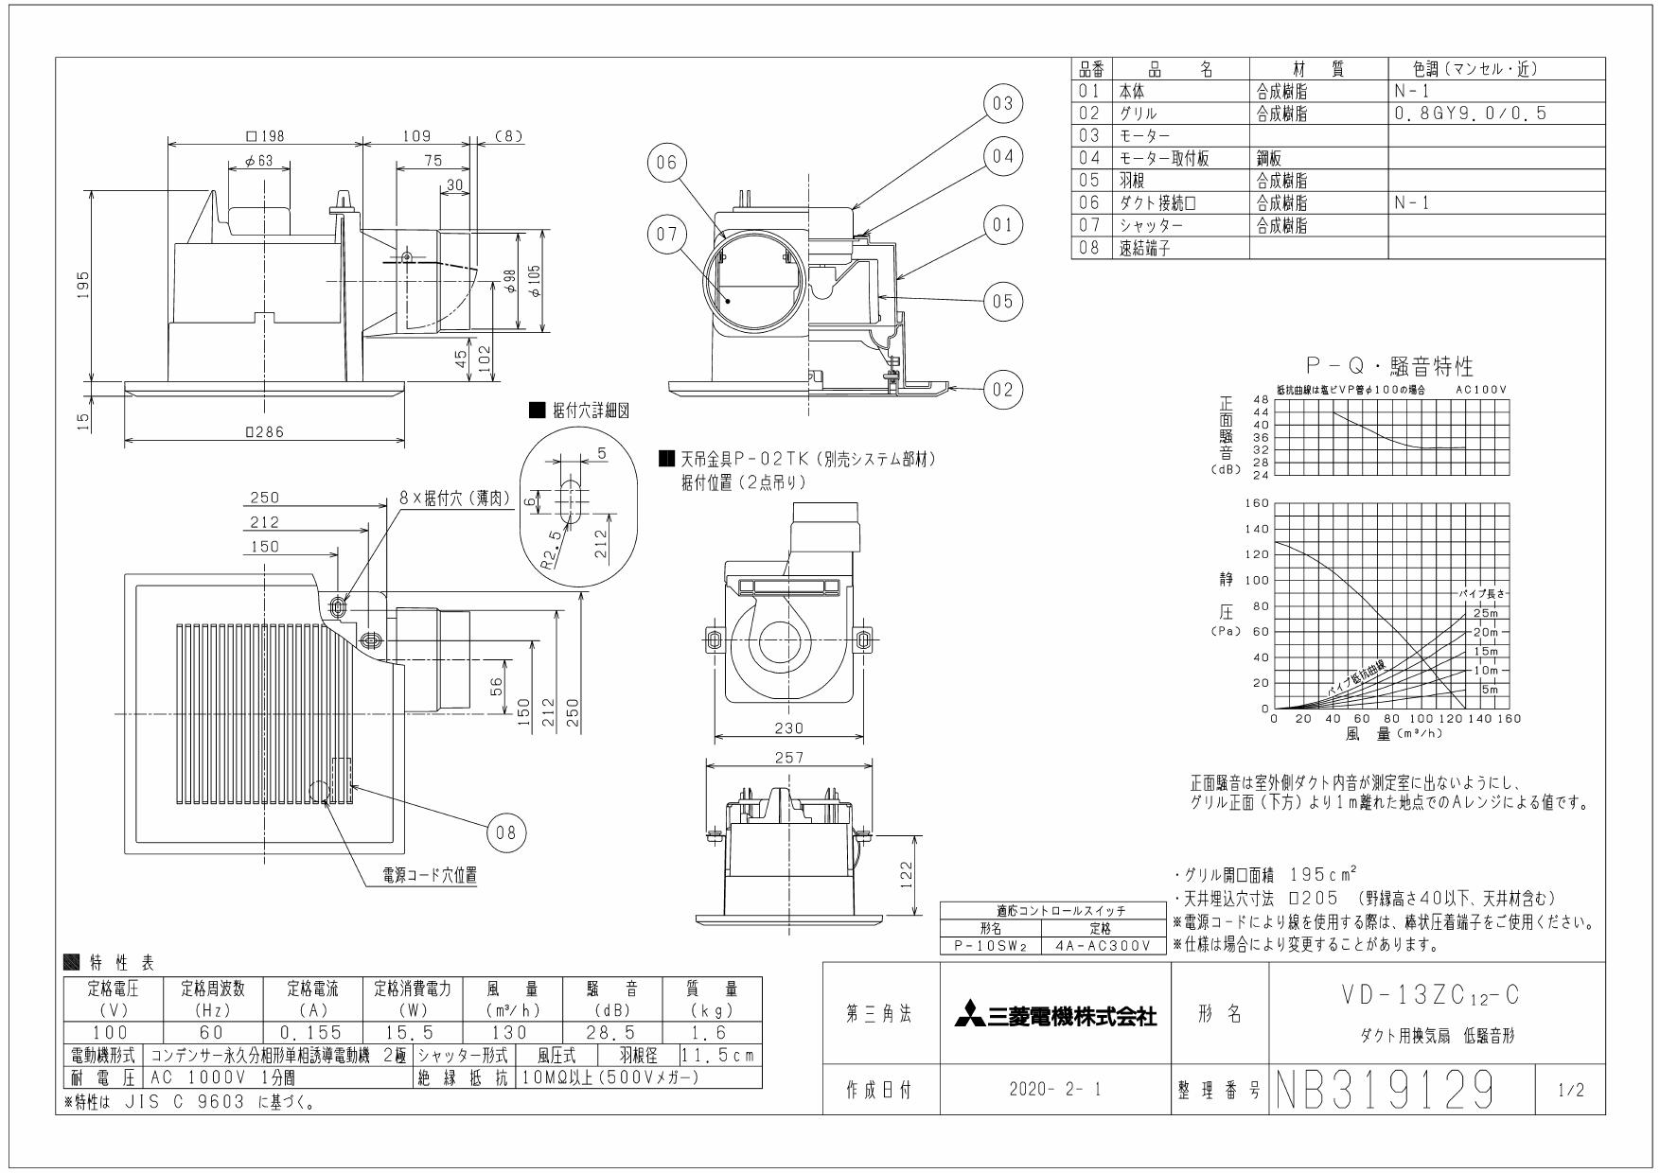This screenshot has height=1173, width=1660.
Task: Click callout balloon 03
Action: point(1003,103)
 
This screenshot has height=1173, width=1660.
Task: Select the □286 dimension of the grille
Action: point(264,432)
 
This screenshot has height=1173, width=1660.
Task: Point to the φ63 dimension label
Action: point(257,161)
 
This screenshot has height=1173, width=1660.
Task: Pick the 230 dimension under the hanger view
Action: point(787,727)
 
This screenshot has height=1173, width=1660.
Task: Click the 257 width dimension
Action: point(787,758)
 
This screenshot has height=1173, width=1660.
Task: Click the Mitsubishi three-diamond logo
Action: point(968,1018)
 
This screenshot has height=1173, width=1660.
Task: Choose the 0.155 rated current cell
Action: point(312,1034)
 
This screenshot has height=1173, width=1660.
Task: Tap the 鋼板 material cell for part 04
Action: point(1271,158)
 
